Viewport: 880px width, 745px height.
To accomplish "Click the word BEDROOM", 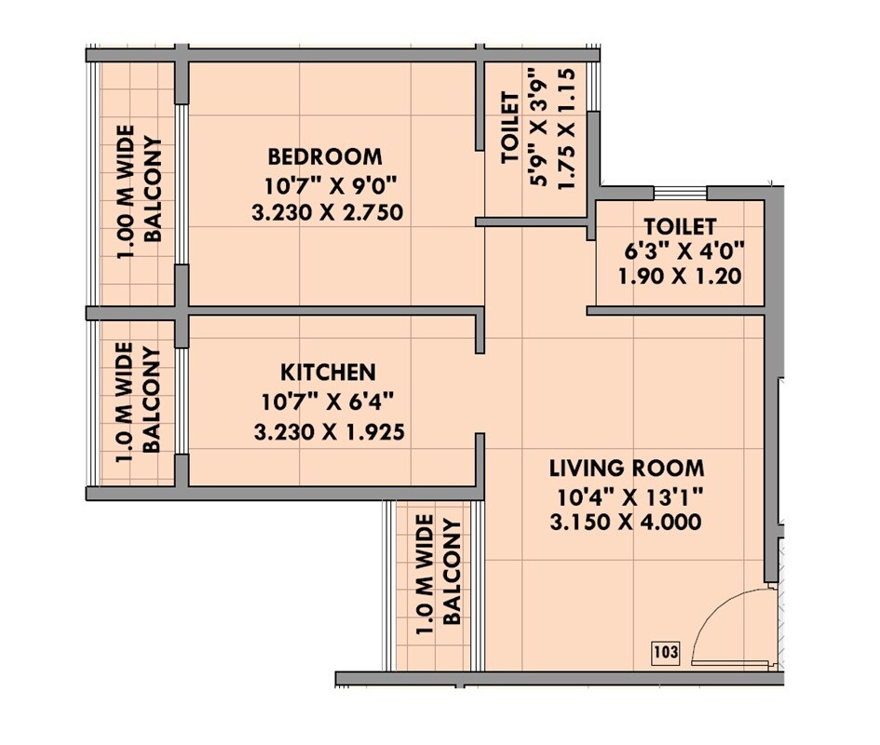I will coord(325,156).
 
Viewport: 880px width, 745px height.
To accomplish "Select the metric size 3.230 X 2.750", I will coord(327,213).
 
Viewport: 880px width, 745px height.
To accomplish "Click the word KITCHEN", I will coord(329,372).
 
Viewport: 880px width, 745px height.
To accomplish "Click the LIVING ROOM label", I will coord(626,467).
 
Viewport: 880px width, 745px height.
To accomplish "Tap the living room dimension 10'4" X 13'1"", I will coord(626,495).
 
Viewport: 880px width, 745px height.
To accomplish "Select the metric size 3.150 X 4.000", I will coord(626,523).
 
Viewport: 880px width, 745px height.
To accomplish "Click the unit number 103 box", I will coord(666,653).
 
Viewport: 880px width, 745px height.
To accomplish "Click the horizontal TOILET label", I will coord(679,226).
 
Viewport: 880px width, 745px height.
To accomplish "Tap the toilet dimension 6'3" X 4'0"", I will coord(679,251).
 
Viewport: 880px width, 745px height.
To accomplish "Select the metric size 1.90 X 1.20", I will coord(679,277).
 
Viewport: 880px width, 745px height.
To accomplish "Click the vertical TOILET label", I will coord(510,128).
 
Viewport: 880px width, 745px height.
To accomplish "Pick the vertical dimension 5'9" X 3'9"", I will coord(538,128).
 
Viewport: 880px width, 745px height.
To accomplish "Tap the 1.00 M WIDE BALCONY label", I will coord(139,191).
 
